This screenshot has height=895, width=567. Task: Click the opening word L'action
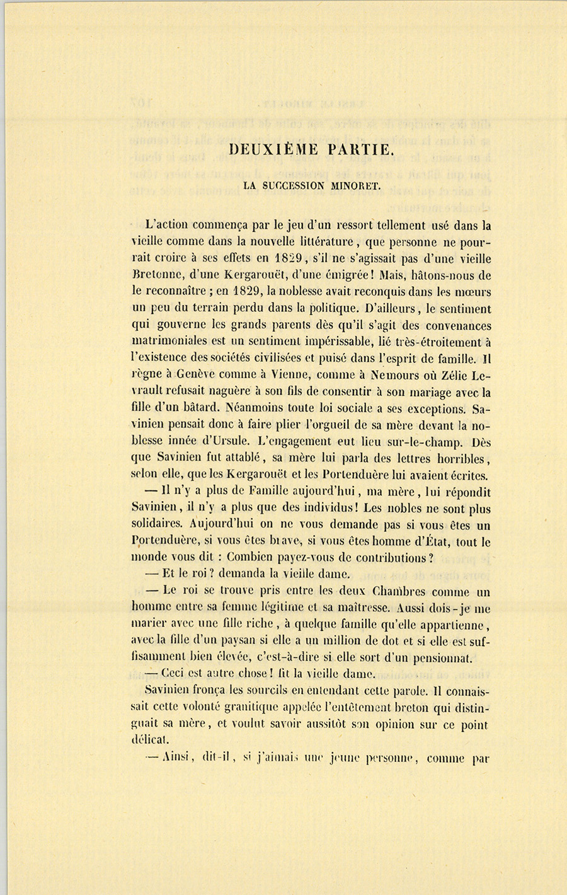166,225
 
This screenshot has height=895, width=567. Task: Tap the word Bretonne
157,275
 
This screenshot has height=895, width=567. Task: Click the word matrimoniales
171,343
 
